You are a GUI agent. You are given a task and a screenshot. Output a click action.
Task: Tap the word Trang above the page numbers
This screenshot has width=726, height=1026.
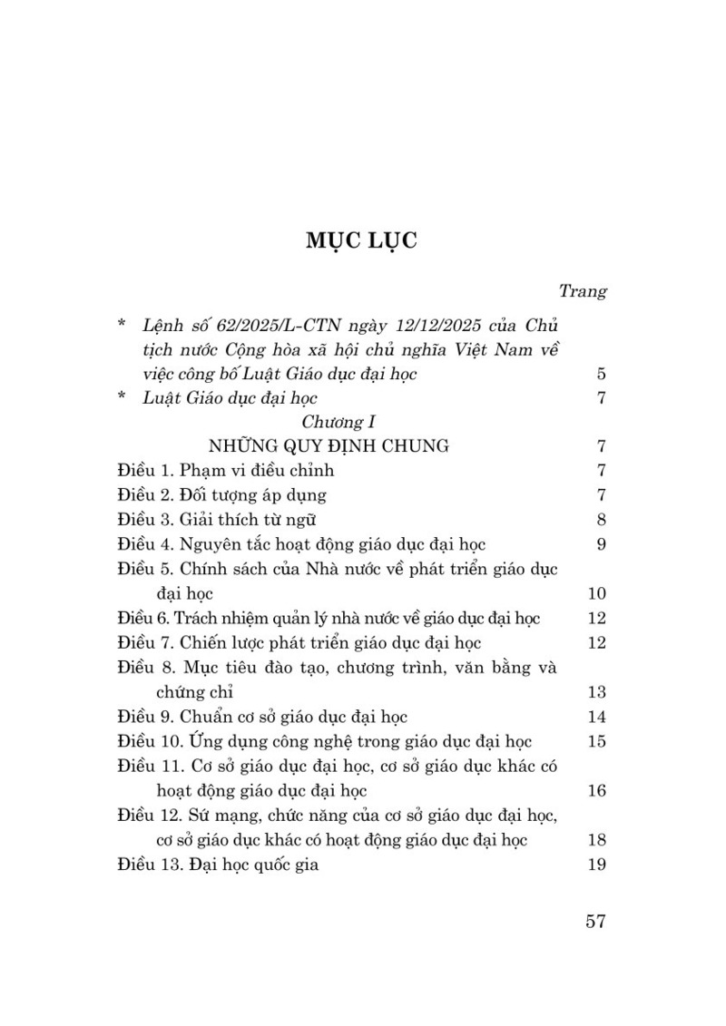(582, 291)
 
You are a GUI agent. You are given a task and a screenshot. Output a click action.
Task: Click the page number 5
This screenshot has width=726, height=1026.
(601, 374)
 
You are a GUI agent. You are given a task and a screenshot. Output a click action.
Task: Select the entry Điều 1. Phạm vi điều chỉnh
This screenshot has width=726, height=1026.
(226, 471)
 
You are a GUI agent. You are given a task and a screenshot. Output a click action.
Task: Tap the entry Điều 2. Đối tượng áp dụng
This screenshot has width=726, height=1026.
(221, 495)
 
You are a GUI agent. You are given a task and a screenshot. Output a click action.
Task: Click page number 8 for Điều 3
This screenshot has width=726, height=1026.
(601, 520)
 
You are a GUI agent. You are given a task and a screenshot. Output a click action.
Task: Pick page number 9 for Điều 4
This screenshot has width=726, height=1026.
(601, 544)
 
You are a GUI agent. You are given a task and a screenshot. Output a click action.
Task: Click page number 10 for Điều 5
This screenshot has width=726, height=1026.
(596, 594)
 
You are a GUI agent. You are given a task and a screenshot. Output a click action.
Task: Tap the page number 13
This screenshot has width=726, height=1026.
(596, 692)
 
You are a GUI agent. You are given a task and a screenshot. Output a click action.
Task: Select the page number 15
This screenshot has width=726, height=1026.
(596, 741)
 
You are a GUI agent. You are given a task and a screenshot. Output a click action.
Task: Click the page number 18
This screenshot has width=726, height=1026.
(596, 840)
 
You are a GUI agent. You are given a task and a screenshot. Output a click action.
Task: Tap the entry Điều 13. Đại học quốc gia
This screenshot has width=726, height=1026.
(218, 865)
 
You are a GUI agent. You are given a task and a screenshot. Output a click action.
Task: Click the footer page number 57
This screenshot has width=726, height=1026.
(595, 921)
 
